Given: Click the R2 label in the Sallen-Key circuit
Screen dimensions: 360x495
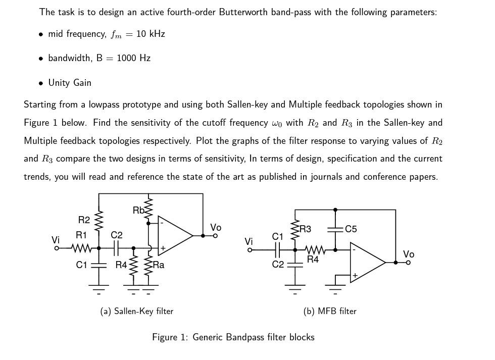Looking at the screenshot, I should click(x=84, y=220).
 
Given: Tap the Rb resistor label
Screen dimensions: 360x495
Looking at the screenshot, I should click(x=138, y=210).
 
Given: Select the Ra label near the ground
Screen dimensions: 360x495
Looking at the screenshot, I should click(x=159, y=265).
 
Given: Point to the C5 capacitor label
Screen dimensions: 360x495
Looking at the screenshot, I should click(x=351, y=229).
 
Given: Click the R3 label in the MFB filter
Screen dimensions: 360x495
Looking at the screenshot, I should click(x=305, y=229).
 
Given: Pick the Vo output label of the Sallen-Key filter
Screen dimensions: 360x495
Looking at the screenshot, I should click(x=216, y=228).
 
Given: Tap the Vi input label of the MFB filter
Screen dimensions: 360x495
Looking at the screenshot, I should click(x=249, y=242).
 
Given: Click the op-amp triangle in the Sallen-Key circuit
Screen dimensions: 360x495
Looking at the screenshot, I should click(x=173, y=235).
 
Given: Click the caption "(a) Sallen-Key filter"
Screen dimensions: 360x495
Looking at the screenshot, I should click(x=137, y=311).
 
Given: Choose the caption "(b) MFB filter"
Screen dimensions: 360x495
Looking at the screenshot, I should click(x=330, y=311).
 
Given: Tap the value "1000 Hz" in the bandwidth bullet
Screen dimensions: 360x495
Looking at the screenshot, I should click(x=133, y=58).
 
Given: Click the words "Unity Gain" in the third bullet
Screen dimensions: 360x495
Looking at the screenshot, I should click(x=70, y=83).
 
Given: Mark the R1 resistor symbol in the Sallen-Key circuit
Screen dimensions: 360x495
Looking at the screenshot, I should click(x=81, y=248).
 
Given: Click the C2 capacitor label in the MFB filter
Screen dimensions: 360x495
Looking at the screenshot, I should click(x=278, y=265).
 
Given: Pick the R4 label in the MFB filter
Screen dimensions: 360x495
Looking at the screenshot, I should click(x=313, y=260).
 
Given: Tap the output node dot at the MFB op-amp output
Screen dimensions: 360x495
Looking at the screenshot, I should click(x=395, y=262).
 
